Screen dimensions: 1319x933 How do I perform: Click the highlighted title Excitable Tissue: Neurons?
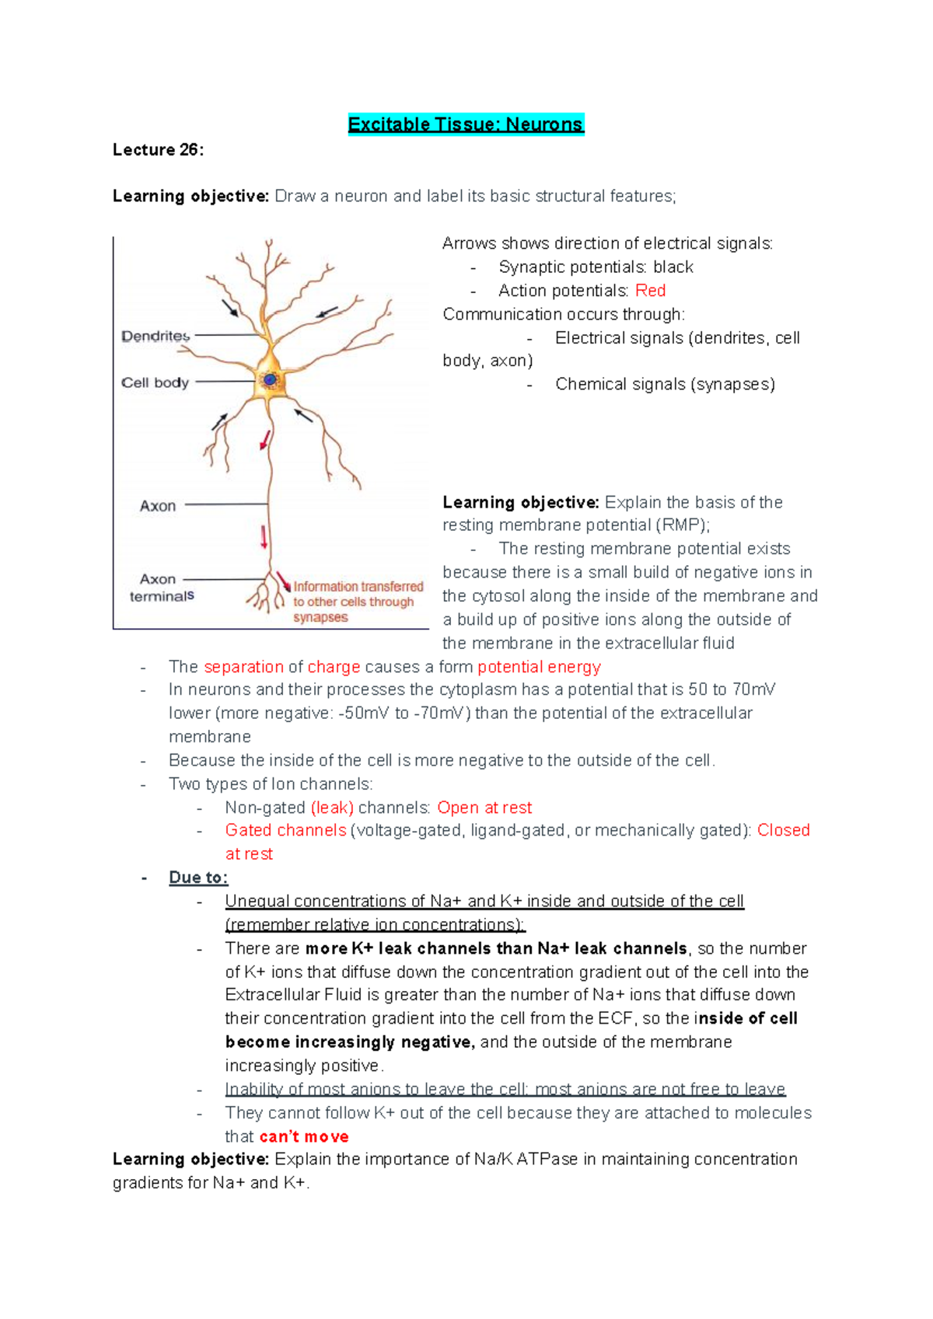(x=465, y=124)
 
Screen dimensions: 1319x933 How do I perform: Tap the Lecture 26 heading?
(x=158, y=150)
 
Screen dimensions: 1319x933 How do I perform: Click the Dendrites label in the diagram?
(x=155, y=336)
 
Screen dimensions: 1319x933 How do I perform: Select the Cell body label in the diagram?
(x=155, y=382)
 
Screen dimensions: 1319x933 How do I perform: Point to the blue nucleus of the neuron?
(x=270, y=379)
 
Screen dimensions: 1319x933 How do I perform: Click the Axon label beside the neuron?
(x=158, y=506)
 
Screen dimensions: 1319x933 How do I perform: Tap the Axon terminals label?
(x=161, y=588)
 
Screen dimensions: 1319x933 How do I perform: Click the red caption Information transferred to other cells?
(x=357, y=602)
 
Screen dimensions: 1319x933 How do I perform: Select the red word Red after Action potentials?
(x=650, y=291)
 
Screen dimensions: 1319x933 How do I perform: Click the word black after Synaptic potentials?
(x=673, y=267)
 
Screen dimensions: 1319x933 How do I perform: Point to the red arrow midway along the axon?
(x=264, y=537)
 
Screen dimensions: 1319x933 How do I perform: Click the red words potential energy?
(x=539, y=667)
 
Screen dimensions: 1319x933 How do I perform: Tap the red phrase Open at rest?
(x=484, y=808)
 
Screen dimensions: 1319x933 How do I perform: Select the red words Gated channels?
(x=285, y=830)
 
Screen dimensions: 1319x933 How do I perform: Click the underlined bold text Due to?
(x=198, y=878)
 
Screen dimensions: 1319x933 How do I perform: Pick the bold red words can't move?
(x=304, y=1136)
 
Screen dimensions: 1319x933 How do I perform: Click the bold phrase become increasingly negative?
(x=349, y=1042)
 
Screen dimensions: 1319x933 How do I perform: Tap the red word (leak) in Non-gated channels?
(x=332, y=808)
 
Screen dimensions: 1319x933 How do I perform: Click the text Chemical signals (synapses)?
(x=665, y=384)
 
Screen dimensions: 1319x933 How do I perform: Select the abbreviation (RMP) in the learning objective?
(x=682, y=525)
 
